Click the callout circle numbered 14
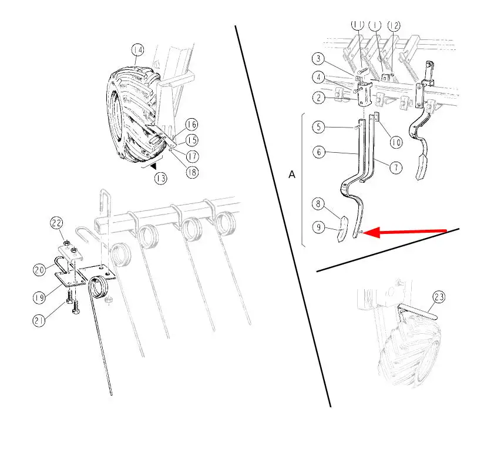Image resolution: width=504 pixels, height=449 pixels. [137, 50]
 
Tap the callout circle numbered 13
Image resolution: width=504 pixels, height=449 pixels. [161, 178]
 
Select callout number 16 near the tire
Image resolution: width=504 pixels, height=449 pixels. [192, 125]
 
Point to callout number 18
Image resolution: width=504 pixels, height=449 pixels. [192, 172]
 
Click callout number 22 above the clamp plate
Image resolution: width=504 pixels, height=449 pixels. [56, 223]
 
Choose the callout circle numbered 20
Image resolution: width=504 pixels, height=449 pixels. [39, 270]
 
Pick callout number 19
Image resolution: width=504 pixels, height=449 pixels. [39, 297]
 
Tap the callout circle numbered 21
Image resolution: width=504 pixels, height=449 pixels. [39, 320]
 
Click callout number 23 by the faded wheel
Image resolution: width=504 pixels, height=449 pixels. [439, 297]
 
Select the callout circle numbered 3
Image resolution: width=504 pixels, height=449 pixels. [318, 58]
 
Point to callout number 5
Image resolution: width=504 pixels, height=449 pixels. [318, 127]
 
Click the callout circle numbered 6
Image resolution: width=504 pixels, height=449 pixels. [319, 152]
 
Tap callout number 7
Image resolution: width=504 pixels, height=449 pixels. [396, 167]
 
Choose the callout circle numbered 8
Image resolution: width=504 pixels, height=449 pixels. [318, 203]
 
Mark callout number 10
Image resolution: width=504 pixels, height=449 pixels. [396, 142]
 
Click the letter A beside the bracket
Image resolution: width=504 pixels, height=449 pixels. [292, 175]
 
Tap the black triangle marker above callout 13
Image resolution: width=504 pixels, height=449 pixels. [154, 166]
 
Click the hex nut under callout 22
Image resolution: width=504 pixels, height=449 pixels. [67, 243]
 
